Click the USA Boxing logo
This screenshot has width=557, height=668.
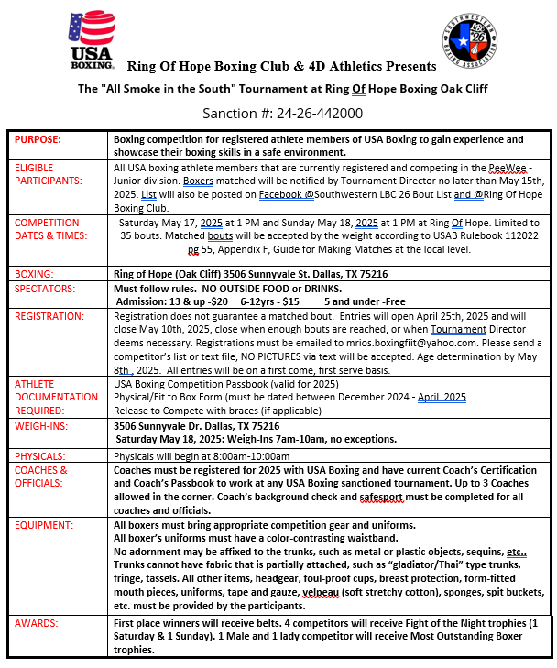tap(93, 43)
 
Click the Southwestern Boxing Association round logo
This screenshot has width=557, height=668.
tap(468, 43)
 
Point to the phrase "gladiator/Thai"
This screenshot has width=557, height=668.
tap(412, 566)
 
